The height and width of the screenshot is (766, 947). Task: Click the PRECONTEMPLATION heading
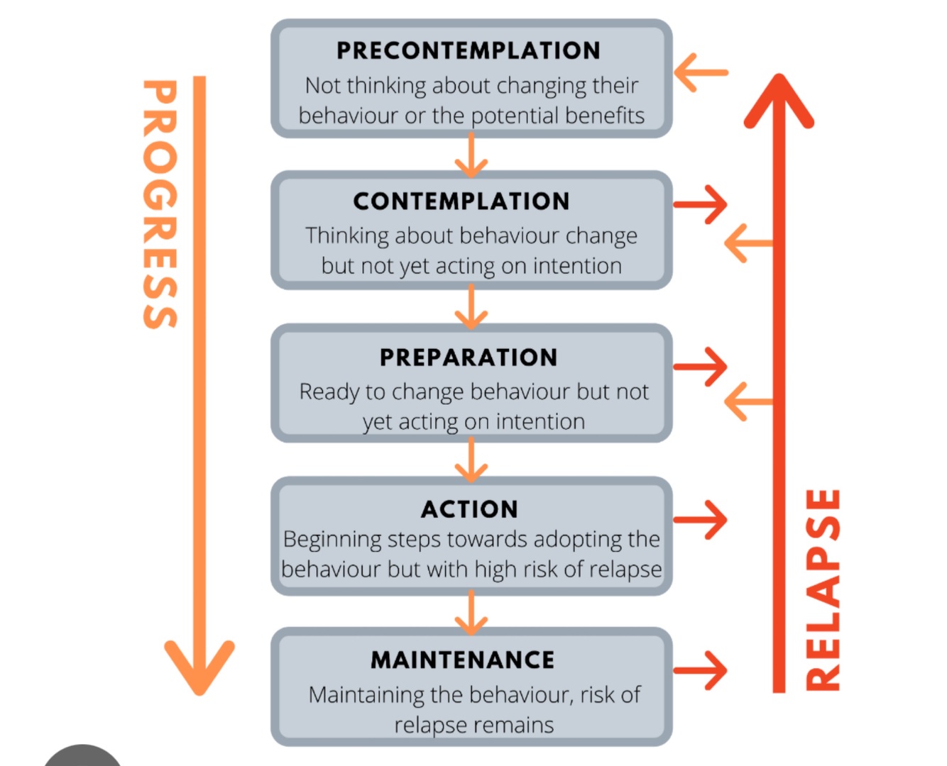pos(468,51)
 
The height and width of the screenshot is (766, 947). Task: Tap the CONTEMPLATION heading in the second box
pos(461,201)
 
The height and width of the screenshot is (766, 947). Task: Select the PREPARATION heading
pos(469,357)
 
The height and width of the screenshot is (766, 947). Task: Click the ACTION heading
pos(469,509)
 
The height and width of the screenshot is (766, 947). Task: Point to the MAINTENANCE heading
pos(462,660)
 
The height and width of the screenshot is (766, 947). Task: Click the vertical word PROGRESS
pos(159,204)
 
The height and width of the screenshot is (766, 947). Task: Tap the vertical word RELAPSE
pos(823,589)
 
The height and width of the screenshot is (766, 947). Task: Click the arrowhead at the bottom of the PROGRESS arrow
pos(199,667)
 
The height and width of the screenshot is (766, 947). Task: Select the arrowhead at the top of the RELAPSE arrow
pos(779,99)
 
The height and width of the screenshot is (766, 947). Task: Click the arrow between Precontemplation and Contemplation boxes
pos(471,156)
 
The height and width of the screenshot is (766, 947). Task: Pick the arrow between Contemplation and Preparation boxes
pos(471,308)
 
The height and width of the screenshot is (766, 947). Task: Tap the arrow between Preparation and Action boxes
pos(471,460)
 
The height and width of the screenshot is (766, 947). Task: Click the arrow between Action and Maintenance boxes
pos(471,612)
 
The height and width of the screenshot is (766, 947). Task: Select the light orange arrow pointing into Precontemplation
pos(700,72)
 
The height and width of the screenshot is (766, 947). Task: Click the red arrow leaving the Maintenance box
pos(701,670)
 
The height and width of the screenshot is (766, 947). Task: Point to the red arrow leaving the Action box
pos(701,520)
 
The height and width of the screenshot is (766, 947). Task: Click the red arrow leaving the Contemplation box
pos(701,205)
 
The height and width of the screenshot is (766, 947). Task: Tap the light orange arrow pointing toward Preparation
pos(748,401)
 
